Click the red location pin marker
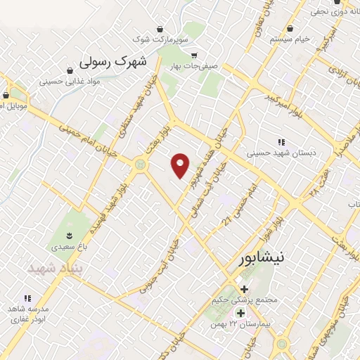click(181, 165)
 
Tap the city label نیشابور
click(261, 258)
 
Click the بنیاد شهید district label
click(55, 269)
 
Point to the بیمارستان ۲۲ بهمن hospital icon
click(240, 313)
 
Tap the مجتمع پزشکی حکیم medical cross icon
click(243, 289)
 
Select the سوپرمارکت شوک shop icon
click(161, 30)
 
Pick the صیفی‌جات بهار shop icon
click(195, 56)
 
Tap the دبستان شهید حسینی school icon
click(281, 141)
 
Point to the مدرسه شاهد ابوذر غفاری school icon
click(27, 299)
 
